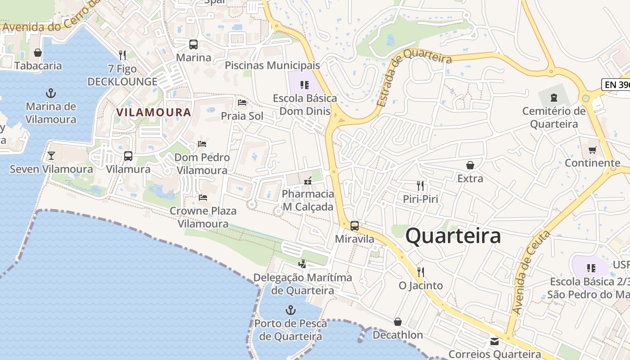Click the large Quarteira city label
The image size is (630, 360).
[x=453, y=236]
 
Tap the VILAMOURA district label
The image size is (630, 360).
[x=154, y=112]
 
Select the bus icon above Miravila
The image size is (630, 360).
[x=355, y=226]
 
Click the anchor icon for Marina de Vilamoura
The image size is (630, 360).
[x=51, y=94]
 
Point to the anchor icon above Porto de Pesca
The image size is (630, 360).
[x=291, y=310]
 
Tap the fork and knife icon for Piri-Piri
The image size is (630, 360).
[x=420, y=185]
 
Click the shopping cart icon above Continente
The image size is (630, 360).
[x=592, y=150]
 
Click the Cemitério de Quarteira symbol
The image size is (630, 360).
[x=554, y=98]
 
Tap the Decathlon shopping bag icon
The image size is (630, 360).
[x=397, y=322]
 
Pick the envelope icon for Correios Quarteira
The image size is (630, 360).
[x=495, y=341]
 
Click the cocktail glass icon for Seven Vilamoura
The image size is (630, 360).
[x=51, y=156]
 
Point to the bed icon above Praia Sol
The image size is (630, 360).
[x=242, y=103]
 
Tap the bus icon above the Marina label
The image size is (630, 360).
[x=193, y=45]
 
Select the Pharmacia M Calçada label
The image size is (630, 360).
[x=308, y=200]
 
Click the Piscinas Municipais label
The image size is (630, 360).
[x=272, y=65]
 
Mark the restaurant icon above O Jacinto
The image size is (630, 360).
[x=421, y=272]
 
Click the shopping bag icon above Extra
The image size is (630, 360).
[x=470, y=165]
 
